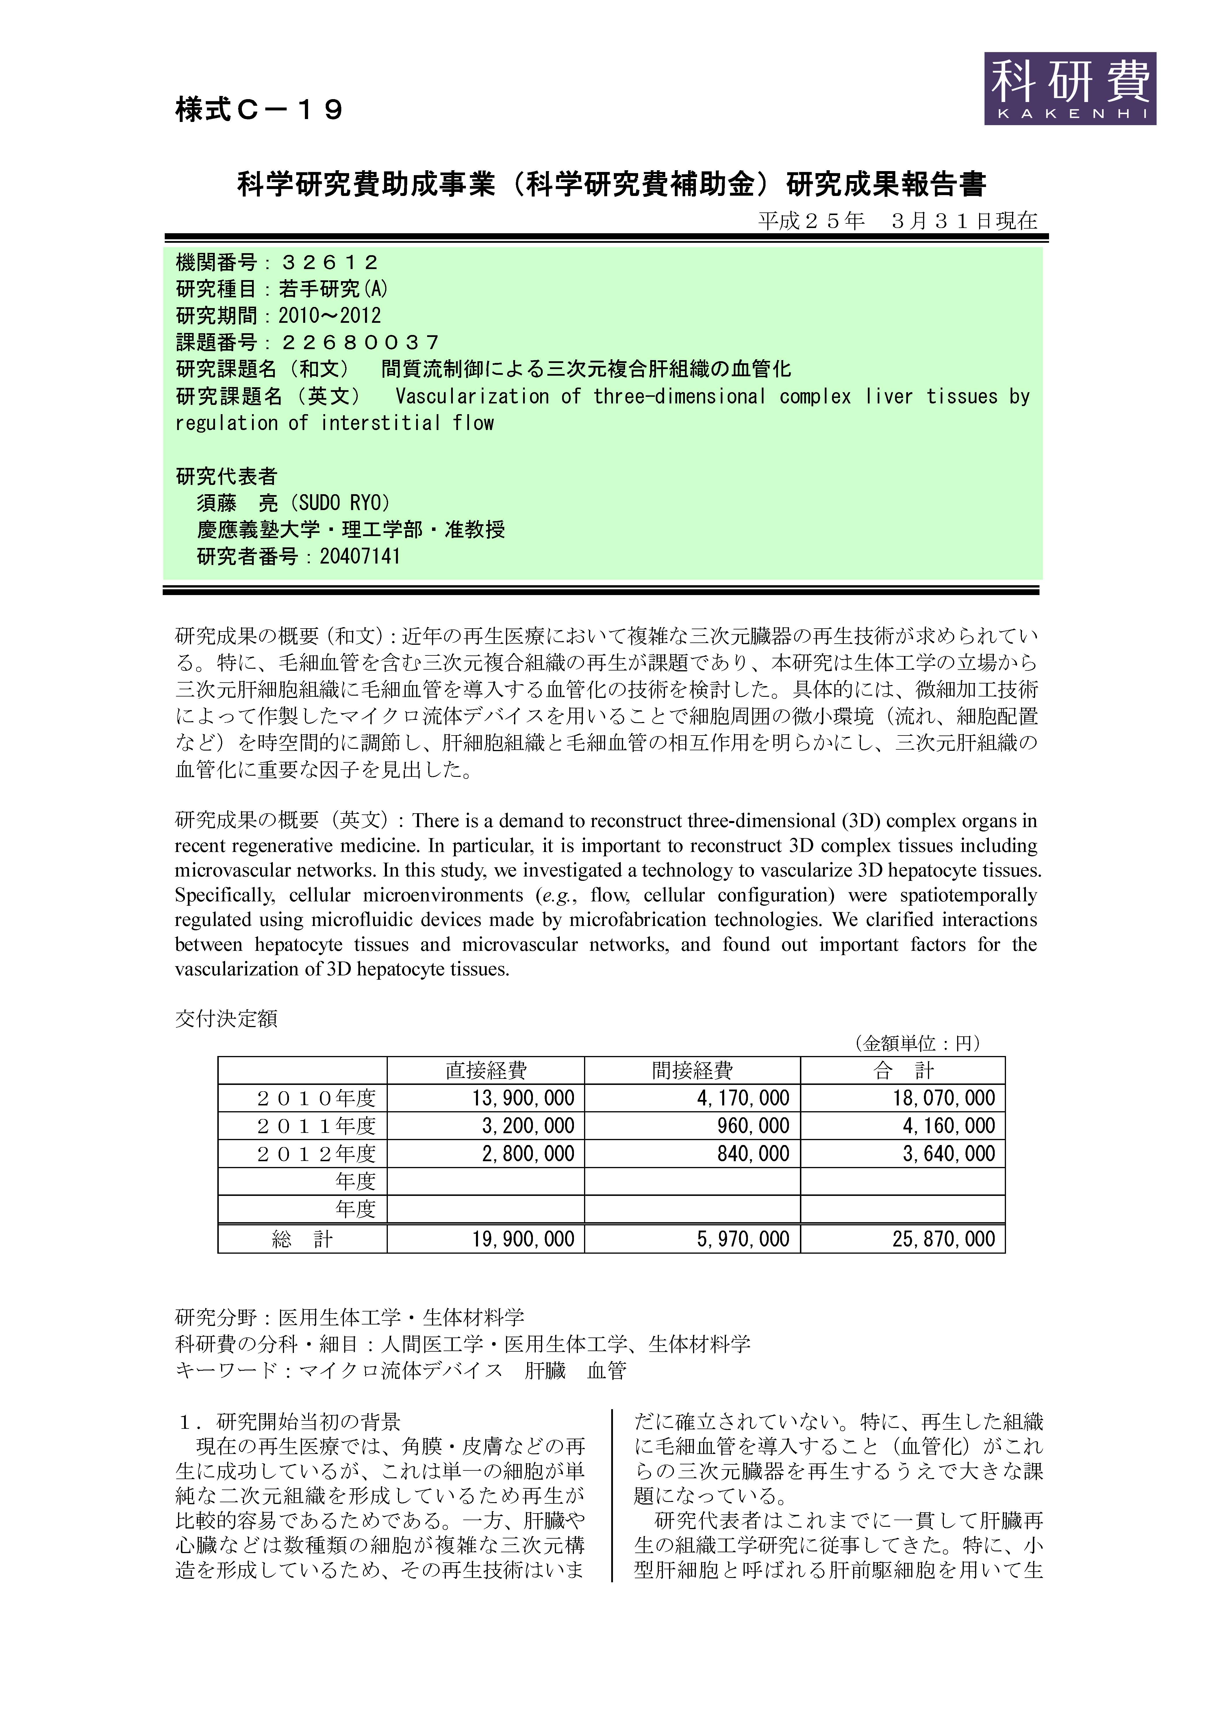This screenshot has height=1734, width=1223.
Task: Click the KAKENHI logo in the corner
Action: pyautogui.click(x=1070, y=88)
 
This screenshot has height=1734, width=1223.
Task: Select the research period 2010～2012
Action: pyautogui.click(x=329, y=316)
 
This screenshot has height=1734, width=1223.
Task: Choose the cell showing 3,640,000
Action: pyautogui.click(x=949, y=1154)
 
